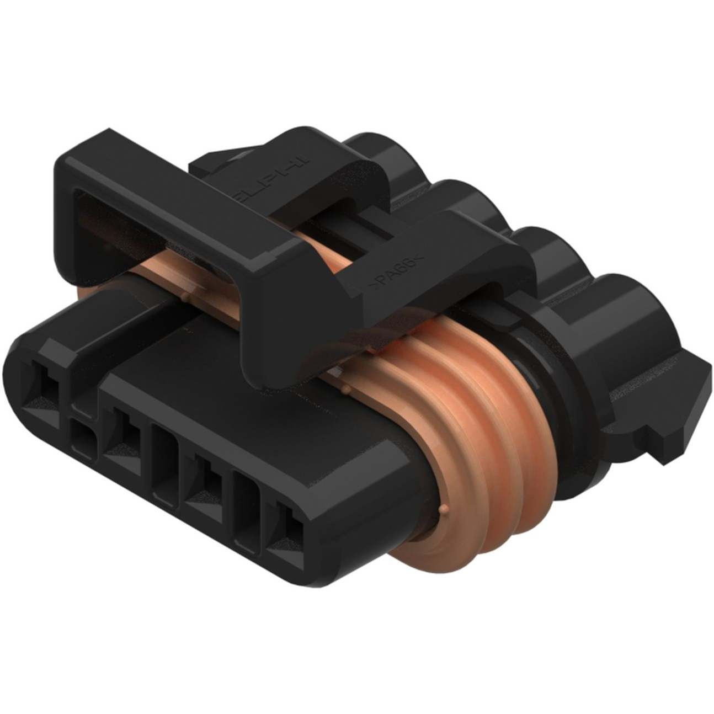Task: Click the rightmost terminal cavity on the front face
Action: point(290,530)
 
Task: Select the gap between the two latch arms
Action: point(353,232)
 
